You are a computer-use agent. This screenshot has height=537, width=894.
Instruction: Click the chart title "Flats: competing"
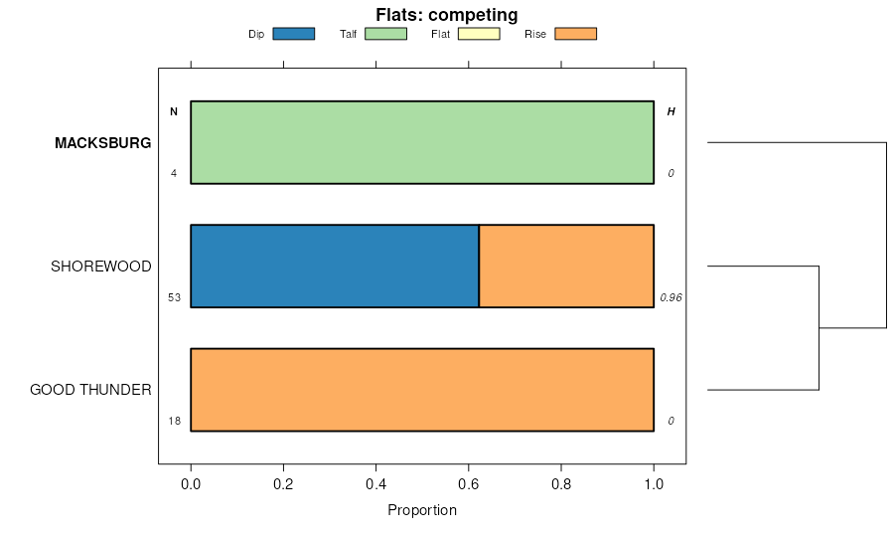click(x=447, y=15)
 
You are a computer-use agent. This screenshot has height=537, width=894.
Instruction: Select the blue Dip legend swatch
click(x=293, y=34)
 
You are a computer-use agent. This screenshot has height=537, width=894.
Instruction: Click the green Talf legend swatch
click(x=385, y=34)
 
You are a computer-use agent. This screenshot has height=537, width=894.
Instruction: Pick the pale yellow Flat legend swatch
click(x=478, y=34)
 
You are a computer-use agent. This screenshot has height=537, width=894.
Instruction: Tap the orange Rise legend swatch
click(x=575, y=34)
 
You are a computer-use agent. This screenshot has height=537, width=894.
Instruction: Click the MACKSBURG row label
click(x=102, y=143)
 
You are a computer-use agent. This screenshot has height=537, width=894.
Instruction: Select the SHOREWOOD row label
click(x=101, y=267)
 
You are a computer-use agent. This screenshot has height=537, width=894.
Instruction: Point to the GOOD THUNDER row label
click(x=90, y=390)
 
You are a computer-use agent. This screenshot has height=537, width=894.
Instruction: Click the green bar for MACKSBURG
click(x=422, y=142)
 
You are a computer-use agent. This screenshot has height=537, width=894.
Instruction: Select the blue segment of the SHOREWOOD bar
click(x=335, y=267)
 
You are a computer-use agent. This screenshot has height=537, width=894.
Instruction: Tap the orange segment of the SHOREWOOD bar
click(x=566, y=267)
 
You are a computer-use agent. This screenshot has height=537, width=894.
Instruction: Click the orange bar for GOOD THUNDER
click(x=422, y=390)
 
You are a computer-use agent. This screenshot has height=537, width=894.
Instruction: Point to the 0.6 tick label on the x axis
click(x=469, y=486)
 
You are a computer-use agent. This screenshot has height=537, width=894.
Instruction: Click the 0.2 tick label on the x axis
click(x=283, y=486)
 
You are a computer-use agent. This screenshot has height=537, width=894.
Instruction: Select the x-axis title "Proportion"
click(x=422, y=510)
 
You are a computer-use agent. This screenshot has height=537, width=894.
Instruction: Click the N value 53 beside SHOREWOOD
click(x=174, y=297)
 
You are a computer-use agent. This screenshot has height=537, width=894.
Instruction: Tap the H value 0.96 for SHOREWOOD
click(x=670, y=297)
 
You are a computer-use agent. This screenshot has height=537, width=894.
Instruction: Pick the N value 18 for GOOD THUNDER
click(x=174, y=421)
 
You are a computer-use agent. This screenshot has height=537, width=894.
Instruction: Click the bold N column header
click(x=174, y=111)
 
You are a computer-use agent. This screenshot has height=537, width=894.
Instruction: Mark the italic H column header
click(x=670, y=111)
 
